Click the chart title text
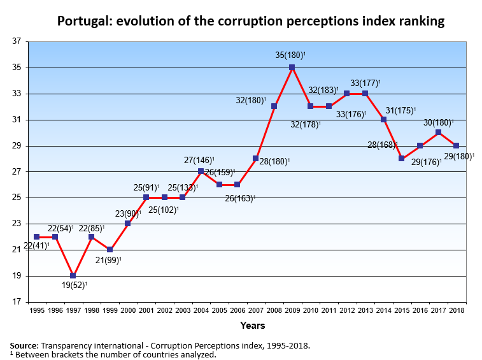coord(250,21)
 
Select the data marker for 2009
coord(292,68)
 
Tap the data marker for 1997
coord(73,276)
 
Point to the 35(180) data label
coord(290,55)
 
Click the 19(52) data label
coord(73,286)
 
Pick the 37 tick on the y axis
coord(16,41)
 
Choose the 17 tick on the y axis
coord(16,302)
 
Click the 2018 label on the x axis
coord(456,310)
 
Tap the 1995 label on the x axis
coord(37,310)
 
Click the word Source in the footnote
coord(24,345)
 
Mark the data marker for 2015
coord(402,159)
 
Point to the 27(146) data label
coord(199,161)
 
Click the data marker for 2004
coord(201,171)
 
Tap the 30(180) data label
coord(437,122)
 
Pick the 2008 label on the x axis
coord(274,310)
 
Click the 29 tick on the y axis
coord(16,146)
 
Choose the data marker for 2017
coord(438,133)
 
